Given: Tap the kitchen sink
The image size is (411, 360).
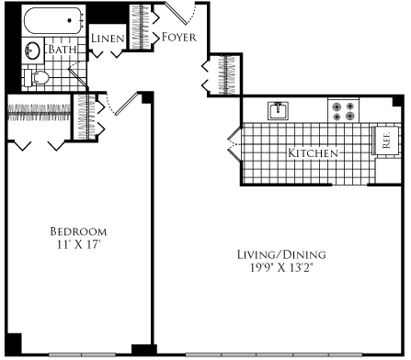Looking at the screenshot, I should tap(277, 111).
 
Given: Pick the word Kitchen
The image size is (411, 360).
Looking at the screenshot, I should tap(314, 152).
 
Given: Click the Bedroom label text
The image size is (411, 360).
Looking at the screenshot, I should tap(78, 231).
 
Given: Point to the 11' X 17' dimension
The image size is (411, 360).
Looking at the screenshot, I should tap(78, 245).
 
